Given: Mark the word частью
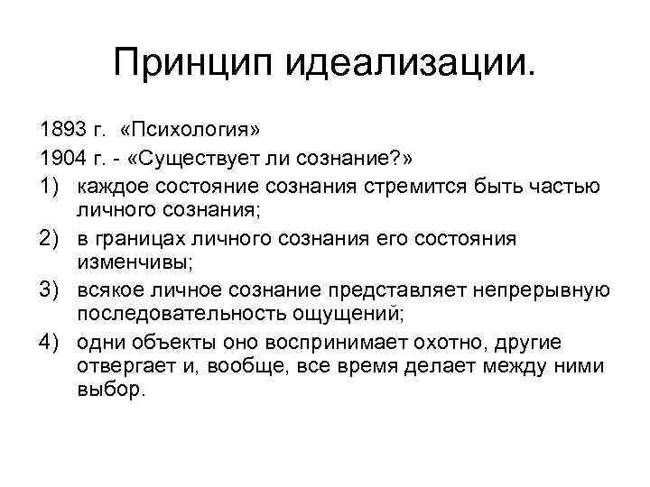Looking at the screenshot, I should [x=568, y=186].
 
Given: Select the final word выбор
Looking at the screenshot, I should [x=110, y=395].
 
